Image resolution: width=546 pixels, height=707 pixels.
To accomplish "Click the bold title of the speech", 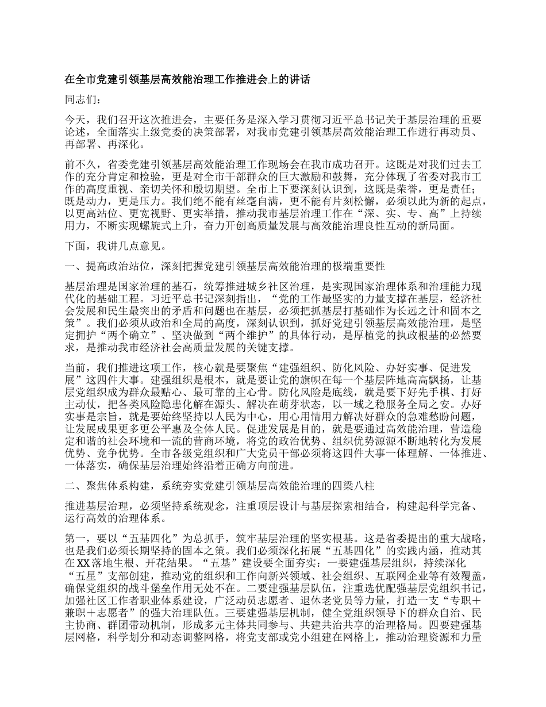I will (187, 80).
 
